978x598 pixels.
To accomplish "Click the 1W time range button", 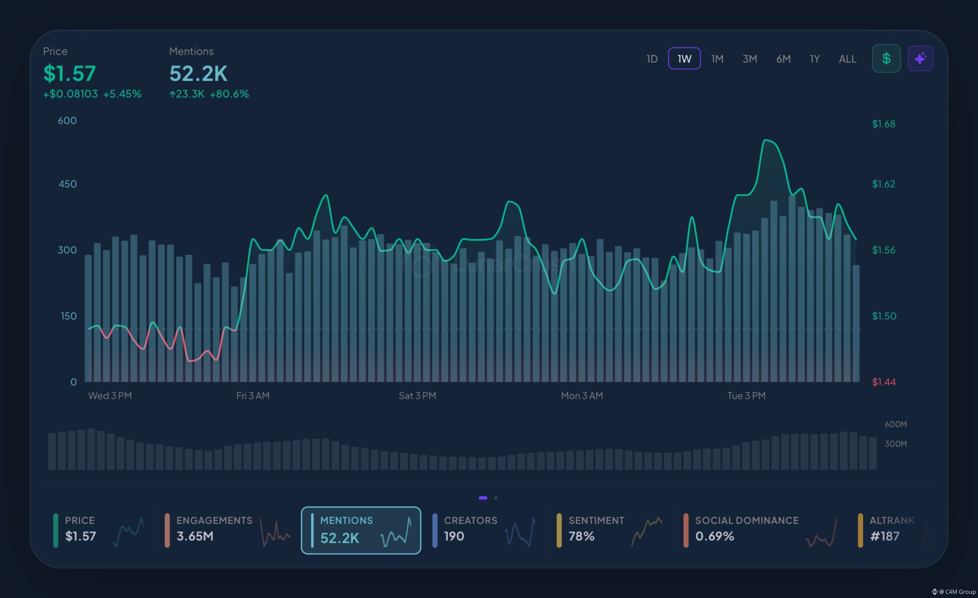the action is tap(684, 59).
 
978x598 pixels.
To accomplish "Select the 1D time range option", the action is tap(652, 59).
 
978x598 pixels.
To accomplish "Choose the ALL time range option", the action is tap(847, 59).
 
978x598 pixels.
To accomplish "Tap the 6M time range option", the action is tap(783, 59).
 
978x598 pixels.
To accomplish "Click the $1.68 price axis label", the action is tap(883, 124).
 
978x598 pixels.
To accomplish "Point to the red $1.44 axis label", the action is tap(883, 382).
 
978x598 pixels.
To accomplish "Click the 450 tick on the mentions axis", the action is tap(68, 184).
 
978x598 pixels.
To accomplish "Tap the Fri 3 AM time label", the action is tap(253, 395).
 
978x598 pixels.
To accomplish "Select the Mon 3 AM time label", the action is tap(582, 395).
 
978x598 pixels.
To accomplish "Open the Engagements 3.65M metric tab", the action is tap(228, 530).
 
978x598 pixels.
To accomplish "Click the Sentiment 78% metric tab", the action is tap(610, 530).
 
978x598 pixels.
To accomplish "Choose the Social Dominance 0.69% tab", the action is tap(760, 530).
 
